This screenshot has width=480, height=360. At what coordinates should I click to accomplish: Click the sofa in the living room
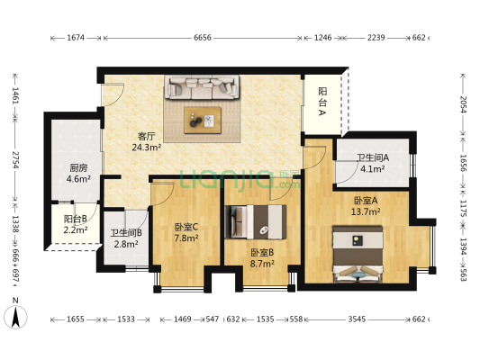[202, 87]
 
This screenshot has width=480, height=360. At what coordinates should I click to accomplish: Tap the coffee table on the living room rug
[203, 117]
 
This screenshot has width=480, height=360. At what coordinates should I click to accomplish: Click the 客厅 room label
[146, 136]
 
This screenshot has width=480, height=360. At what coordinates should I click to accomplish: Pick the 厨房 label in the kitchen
[78, 167]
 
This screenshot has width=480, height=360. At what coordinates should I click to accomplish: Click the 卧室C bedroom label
[186, 227]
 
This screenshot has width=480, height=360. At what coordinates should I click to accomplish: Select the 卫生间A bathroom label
[372, 157]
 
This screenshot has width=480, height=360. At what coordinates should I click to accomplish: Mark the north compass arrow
[16, 316]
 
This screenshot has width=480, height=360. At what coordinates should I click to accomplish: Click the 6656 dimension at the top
[203, 39]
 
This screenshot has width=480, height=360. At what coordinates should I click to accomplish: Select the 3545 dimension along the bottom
[358, 319]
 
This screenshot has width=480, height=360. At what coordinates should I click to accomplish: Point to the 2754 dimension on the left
[15, 166]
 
